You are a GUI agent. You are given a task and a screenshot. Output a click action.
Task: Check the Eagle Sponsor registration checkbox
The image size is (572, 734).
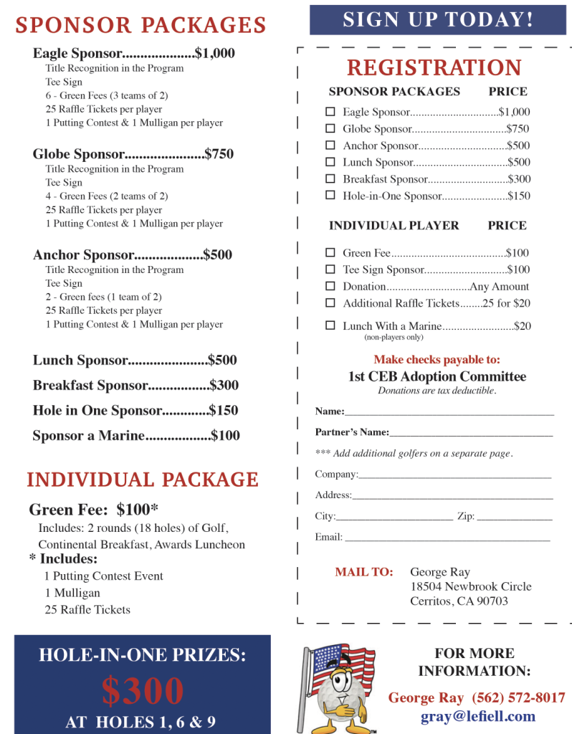[x=330, y=112]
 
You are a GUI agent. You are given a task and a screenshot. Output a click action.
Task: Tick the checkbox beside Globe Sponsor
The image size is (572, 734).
[x=330, y=129]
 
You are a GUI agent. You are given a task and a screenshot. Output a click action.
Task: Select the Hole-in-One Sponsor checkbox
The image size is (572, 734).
[x=330, y=195]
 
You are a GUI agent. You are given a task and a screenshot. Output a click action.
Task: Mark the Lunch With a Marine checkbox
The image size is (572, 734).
[x=330, y=325]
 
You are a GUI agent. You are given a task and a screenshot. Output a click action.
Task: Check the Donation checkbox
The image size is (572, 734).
[x=330, y=286]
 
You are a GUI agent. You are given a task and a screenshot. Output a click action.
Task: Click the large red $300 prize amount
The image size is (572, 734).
[x=143, y=691]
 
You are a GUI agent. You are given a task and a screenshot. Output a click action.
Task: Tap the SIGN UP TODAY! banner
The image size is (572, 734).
[x=438, y=19]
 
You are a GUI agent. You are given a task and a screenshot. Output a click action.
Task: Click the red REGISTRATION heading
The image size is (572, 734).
[x=434, y=68]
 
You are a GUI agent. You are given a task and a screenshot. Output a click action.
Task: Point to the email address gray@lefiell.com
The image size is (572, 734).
[x=478, y=716]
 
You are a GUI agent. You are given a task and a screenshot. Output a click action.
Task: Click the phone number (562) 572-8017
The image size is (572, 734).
[x=518, y=697]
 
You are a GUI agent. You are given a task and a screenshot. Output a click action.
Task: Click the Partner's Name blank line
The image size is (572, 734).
[x=471, y=434]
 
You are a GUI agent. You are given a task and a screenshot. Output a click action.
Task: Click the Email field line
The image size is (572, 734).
[x=447, y=538]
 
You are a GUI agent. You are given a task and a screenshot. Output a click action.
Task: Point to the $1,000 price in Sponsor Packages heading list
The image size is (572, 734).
[x=214, y=53]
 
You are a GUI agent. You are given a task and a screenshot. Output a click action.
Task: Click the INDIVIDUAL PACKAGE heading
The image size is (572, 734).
[x=143, y=480]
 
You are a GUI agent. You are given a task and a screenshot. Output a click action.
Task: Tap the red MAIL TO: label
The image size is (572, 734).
[x=364, y=572]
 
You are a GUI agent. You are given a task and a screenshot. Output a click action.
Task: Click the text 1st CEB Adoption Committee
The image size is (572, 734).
[x=437, y=376]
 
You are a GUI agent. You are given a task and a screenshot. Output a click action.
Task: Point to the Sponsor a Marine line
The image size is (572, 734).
[x=136, y=435]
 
